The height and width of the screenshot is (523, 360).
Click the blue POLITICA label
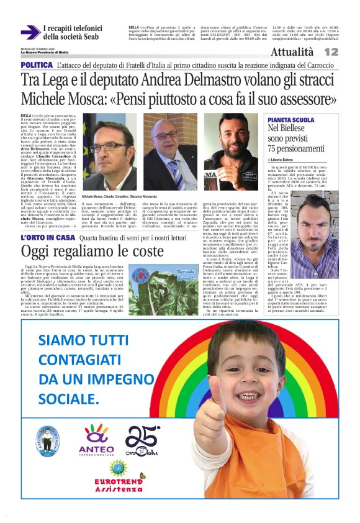(36, 65)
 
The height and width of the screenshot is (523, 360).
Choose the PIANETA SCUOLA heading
(290, 119)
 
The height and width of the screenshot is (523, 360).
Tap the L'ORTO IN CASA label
(47, 237)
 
